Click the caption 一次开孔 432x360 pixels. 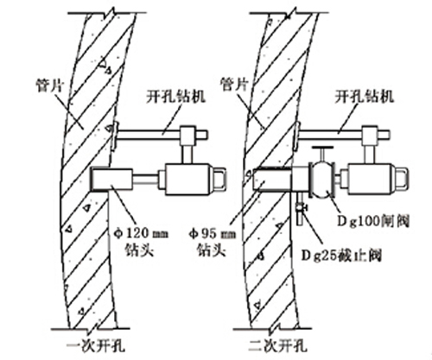click(96, 345)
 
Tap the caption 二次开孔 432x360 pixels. click(278, 345)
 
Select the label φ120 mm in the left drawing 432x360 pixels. click(141, 233)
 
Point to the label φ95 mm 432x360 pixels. click(213, 234)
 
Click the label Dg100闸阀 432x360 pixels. click(373, 222)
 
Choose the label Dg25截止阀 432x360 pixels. click(341, 256)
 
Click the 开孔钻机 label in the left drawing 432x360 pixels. click(176, 97)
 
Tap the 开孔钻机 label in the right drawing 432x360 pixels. click(365, 97)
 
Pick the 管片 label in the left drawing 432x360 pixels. click(50, 85)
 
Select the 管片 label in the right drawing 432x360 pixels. click(234, 85)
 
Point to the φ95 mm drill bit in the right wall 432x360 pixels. click(272, 180)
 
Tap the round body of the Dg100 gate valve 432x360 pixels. click(321, 180)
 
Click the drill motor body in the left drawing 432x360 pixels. click(188, 180)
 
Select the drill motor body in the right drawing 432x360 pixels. click(371, 180)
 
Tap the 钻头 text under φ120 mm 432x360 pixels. click(140, 249)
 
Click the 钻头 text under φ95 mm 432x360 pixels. click(212, 249)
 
